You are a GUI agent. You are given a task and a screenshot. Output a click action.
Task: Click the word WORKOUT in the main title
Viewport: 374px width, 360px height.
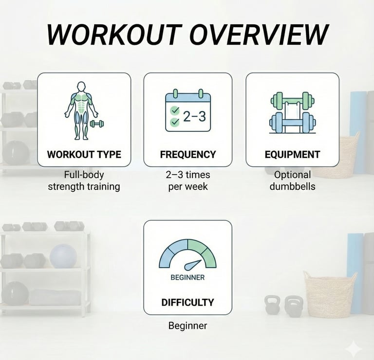coord(113,35)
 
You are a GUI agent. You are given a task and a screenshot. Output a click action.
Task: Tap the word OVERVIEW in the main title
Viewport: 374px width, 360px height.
coord(259,35)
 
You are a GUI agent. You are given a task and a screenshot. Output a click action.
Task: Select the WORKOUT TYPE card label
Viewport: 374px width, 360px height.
coord(84,154)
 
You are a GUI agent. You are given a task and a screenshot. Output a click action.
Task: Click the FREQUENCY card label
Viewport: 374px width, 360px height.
coord(188,154)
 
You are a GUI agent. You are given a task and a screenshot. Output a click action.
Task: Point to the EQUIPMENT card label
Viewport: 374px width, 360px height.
coord(292,154)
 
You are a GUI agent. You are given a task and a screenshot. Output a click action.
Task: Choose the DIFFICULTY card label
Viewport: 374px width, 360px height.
coord(187,302)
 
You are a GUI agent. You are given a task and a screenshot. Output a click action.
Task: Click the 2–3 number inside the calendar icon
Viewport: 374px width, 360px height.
coord(194,116)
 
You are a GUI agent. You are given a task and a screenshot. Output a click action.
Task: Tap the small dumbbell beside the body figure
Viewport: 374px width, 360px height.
coord(97,124)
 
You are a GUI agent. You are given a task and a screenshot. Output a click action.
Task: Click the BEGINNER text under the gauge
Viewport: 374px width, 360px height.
coord(187,277)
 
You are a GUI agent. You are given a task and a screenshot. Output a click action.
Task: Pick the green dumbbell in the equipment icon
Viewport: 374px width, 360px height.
coord(292,100)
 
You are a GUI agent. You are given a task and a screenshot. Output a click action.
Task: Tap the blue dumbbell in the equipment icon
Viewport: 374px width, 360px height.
coord(292,123)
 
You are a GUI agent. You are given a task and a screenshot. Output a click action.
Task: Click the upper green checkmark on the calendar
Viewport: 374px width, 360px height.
coord(175,110)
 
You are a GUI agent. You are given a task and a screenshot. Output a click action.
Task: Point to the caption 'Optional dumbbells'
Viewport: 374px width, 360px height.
coord(292,180)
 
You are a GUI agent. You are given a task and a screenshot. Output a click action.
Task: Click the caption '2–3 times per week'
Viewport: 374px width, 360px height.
coord(188,180)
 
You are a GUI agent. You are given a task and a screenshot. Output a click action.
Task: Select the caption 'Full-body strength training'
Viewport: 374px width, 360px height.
coord(84,180)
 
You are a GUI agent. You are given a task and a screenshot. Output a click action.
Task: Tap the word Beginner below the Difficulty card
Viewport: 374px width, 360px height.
coord(187,325)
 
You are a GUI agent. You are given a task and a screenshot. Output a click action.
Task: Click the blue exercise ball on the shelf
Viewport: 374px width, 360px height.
coord(63,256)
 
